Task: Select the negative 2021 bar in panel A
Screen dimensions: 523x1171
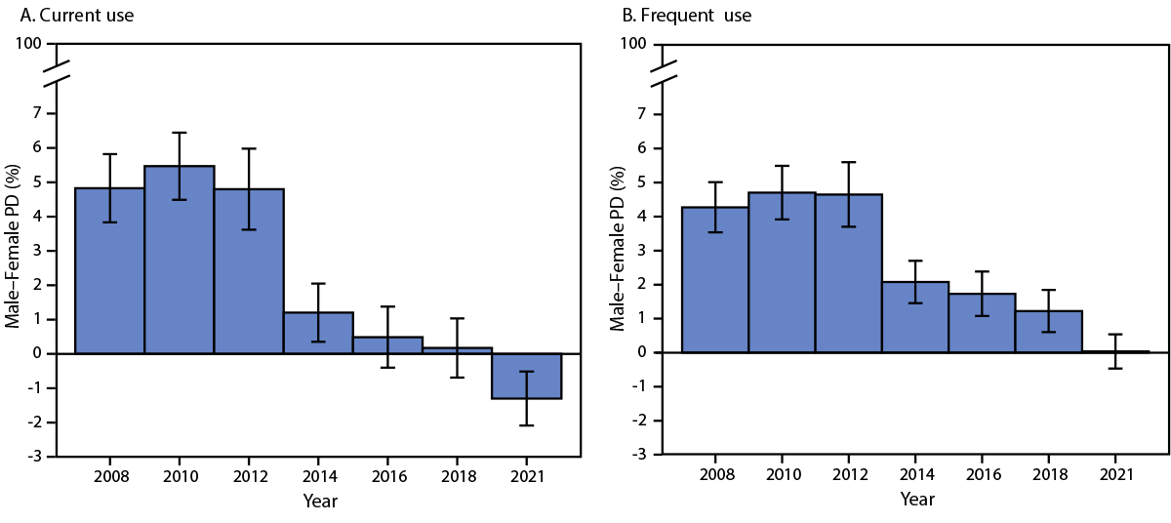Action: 526,376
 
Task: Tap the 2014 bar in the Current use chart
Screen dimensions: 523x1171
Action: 318,333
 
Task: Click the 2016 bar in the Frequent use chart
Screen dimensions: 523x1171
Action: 982,323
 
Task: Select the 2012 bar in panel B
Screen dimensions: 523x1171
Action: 848,273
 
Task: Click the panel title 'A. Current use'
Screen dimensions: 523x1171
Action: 70,16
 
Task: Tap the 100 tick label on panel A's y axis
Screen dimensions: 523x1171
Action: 28,44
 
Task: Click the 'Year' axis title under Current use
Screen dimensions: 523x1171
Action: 319,502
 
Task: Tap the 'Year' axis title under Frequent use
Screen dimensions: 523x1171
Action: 916,500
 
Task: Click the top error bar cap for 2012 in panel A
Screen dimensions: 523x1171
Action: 249,148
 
